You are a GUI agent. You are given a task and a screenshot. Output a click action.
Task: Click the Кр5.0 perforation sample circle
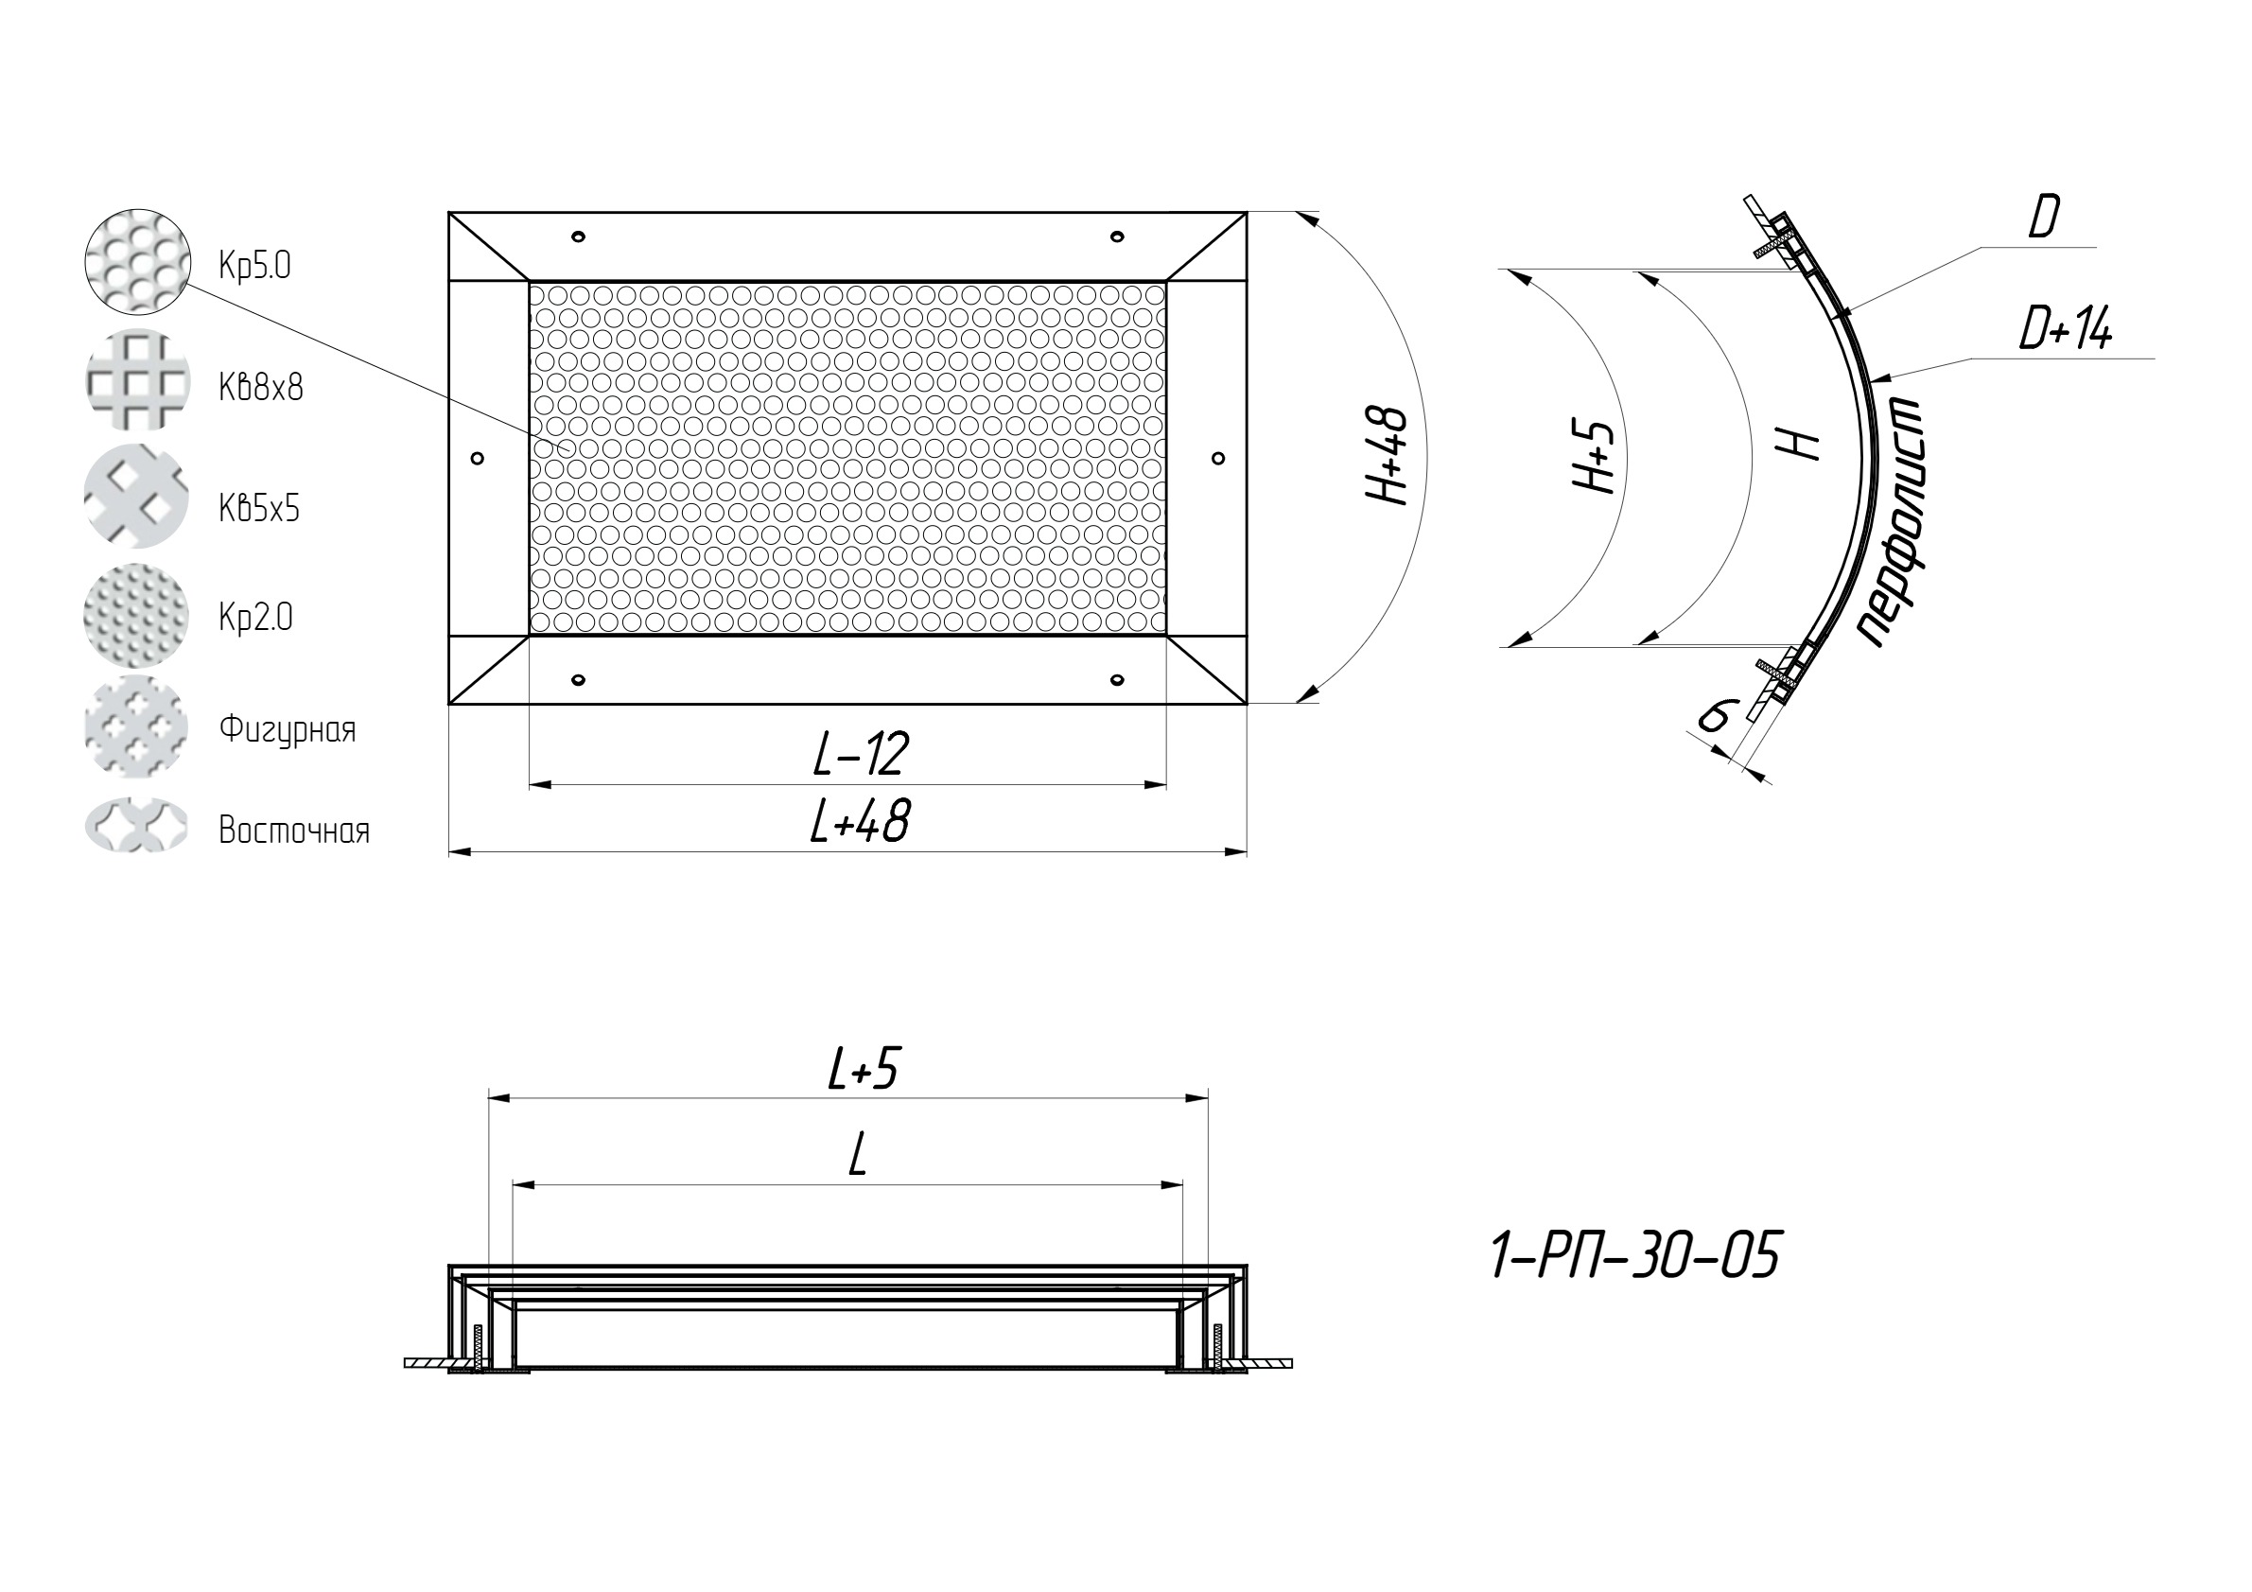pyautogui.click(x=136, y=261)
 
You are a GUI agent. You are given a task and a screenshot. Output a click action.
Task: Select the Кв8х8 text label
pyautogui.click(x=261, y=388)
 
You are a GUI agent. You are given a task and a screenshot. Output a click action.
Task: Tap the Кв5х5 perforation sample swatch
pyautogui.click(x=136, y=497)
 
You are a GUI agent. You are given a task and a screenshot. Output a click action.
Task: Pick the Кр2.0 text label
pyautogui.click(x=255, y=617)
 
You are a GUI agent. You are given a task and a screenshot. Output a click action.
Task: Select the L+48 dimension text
pyautogui.click(x=860, y=822)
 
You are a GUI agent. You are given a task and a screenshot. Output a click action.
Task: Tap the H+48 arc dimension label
pyautogui.click(x=1388, y=457)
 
